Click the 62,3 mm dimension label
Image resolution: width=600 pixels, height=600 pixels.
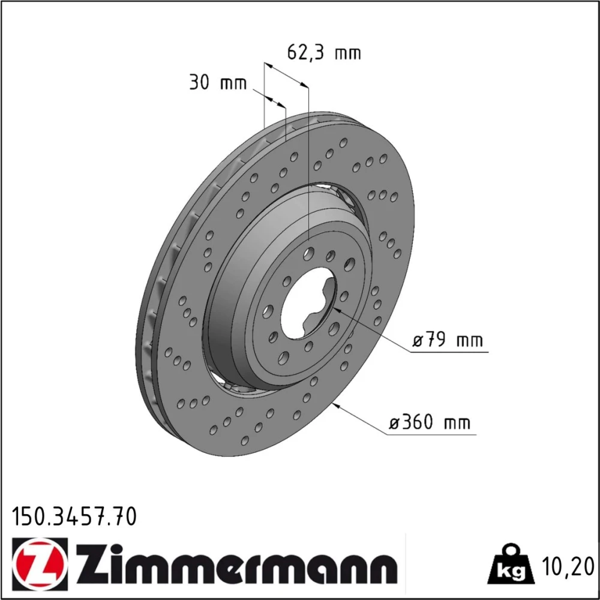324,52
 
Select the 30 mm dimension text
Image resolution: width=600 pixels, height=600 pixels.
218,82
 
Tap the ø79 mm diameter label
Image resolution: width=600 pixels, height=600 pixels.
448,340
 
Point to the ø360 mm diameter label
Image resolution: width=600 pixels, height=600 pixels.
429,422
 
